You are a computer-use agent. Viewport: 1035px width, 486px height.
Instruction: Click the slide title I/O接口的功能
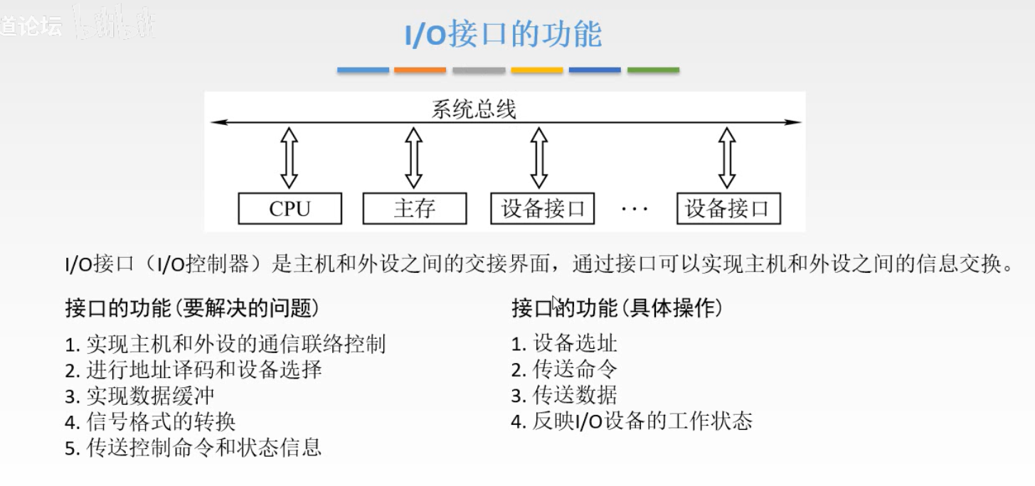(x=503, y=35)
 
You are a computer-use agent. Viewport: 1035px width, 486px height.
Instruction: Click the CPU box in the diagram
(x=290, y=209)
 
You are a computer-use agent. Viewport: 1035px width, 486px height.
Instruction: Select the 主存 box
(x=414, y=209)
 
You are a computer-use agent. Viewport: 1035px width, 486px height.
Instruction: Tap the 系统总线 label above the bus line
(x=474, y=110)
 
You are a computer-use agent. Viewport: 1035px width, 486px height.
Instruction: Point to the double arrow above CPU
(x=290, y=158)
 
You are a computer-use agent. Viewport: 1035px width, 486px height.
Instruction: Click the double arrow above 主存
(x=414, y=158)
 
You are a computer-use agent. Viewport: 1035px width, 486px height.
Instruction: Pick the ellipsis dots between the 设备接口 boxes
(x=635, y=210)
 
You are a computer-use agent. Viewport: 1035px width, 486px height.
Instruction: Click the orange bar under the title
(x=420, y=70)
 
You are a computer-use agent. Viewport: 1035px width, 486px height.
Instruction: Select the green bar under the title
(x=653, y=70)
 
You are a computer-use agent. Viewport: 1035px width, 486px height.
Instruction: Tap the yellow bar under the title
(x=537, y=70)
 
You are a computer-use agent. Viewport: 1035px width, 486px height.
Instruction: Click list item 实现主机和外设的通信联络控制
(x=225, y=345)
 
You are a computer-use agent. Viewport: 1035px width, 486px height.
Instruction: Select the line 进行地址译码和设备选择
(x=193, y=370)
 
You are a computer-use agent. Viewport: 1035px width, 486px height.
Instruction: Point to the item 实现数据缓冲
(x=139, y=396)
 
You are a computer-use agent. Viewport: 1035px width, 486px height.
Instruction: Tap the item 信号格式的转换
(x=150, y=421)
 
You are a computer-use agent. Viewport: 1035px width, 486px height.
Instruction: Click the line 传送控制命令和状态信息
(x=193, y=447)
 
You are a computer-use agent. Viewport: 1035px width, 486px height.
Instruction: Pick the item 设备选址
(x=564, y=344)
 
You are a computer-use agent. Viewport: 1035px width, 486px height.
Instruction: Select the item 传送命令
(x=564, y=369)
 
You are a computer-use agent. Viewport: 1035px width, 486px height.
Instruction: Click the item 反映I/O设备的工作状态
(x=631, y=421)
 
